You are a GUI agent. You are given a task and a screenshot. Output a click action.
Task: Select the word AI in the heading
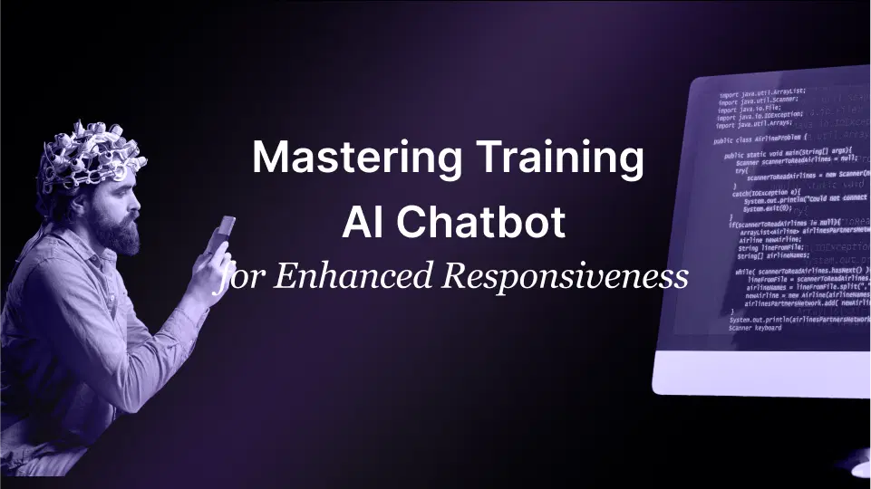coord(362,222)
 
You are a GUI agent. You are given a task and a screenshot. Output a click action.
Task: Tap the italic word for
coord(237,276)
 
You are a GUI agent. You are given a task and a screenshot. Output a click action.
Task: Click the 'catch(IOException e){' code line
coord(767,192)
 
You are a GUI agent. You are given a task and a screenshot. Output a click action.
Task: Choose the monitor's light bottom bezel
coord(761,371)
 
